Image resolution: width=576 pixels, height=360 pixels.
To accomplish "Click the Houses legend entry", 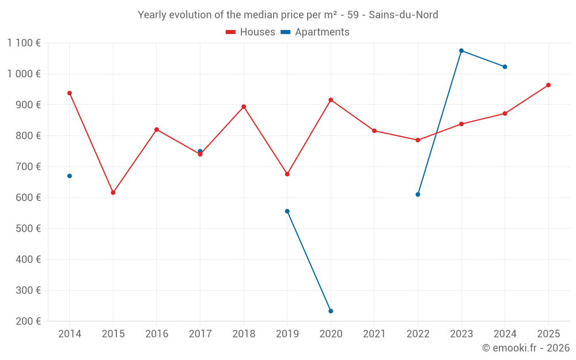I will [251, 32].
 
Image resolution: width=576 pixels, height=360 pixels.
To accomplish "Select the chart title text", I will [288, 14].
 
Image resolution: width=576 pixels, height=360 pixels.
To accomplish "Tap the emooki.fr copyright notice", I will [525, 348].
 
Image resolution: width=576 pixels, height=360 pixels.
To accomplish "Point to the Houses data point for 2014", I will [70, 93].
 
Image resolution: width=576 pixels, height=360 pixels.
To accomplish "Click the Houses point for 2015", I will [113, 192].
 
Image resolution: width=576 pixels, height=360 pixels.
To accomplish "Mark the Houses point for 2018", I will [244, 107].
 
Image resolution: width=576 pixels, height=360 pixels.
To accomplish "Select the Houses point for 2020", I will [331, 100].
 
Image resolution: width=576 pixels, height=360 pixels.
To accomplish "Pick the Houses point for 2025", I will [548, 85].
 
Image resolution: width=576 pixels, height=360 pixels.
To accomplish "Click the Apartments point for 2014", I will [70, 176].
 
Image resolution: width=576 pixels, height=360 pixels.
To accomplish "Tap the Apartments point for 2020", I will [331, 311].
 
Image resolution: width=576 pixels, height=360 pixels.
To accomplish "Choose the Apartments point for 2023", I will [461, 51].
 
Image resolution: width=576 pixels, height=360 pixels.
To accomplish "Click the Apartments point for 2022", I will [418, 194].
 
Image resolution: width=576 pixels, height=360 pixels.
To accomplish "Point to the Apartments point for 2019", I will [287, 211].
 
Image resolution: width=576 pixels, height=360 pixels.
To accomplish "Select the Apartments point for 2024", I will [505, 67].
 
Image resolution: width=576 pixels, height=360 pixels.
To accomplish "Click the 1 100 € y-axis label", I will [24, 43].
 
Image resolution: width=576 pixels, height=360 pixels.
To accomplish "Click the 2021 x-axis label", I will [374, 334].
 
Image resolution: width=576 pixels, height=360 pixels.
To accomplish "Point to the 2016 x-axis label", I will [157, 334].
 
